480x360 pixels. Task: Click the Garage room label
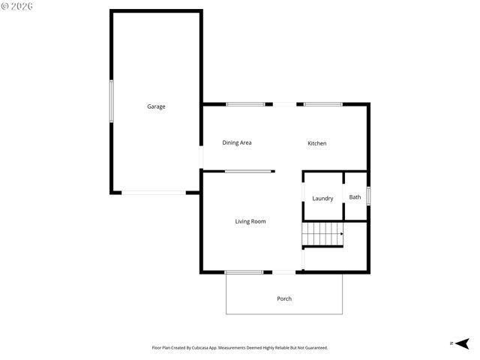point(156,106)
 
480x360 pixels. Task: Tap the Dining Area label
point(236,142)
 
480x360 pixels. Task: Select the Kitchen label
point(317,143)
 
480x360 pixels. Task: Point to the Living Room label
point(250,221)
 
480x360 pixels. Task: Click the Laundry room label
point(322,199)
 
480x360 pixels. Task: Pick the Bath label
point(355,197)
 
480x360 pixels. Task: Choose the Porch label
point(284,298)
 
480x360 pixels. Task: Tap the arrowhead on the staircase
point(341,234)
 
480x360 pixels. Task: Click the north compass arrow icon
point(462,343)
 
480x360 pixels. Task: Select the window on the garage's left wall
point(112,101)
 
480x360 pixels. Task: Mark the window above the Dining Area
point(246,104)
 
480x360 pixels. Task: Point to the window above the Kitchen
point(322,104)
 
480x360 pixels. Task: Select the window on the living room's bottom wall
point(244,271)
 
